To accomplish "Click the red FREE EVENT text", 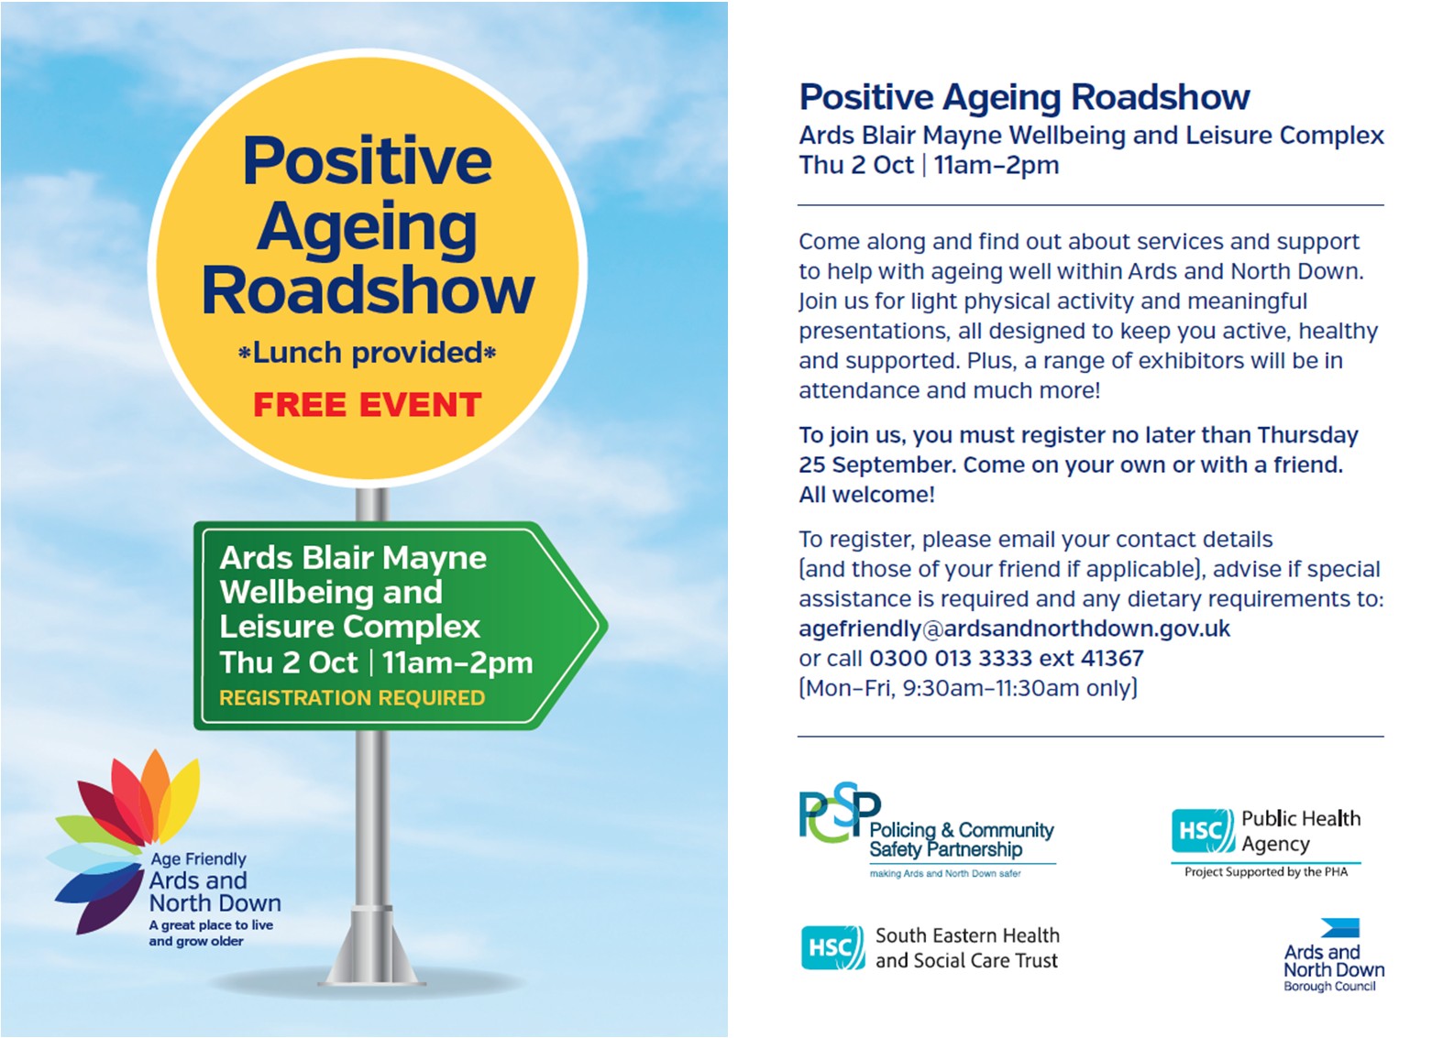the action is pyautogui.click(x=368, y=405).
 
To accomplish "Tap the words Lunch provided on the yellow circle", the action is pyautogui.click(x=368, y=353).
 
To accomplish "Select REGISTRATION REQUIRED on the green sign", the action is pyautogui.click(x=352, y=697).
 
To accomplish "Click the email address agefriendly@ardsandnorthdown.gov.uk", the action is pyautogui.click(x=1015, y=628).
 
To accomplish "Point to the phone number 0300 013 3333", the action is pyautogui.click(x=951, y=658).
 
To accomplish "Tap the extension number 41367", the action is pyautogui.click(x=1113, y=658).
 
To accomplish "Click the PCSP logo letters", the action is pyautogui.click(x=839, y=813).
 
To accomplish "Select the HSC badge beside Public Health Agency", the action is pyautogui.click(x=1204, y=830).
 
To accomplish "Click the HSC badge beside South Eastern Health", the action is pyautogui.click(x=832, y=947).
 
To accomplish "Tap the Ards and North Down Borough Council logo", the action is pyautogui.click(x=1334, y=955).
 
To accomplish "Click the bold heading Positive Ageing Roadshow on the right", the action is pyautogui.click(x=1024, y=97).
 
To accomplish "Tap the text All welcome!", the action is pyautogui.click(x=866, y=495).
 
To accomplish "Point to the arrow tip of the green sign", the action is pyautogui.click(x=606, y=626).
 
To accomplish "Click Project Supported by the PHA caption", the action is pyautogui.click(x=1266, y=872).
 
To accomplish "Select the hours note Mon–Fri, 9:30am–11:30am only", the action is pyautogui.click(x=968, y=688).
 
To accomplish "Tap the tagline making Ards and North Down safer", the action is pyautogui.click(x=945, y=874).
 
